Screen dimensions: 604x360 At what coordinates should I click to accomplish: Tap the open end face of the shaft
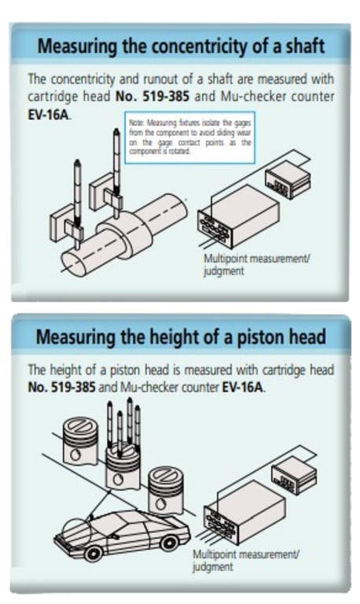coord(72,261)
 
